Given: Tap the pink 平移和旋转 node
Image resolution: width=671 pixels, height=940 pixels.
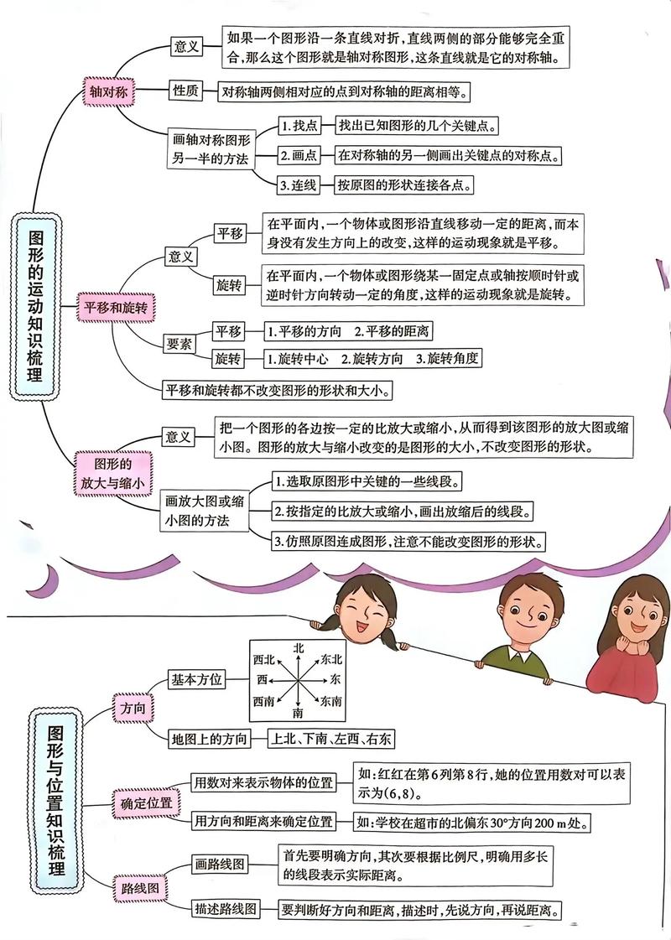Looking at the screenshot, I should (115, 308).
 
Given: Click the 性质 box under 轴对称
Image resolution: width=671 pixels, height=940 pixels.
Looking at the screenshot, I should (185, 91).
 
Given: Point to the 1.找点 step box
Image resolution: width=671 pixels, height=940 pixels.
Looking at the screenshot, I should (300, 126).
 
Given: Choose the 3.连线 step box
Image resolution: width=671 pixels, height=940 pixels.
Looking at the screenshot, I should (299, 184).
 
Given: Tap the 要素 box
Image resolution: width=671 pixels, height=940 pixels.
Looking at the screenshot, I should (179, 343).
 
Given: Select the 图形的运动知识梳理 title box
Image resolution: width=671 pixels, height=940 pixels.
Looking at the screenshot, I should (37, 305).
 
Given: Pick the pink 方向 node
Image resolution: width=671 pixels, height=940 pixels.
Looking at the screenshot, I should (133, 709).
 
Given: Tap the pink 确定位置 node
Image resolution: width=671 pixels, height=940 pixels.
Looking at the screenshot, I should (146, 802).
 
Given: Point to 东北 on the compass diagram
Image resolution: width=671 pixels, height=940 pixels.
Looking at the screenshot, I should (330, 660).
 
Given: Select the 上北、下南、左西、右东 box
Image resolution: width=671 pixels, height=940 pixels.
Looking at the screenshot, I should (330, 739).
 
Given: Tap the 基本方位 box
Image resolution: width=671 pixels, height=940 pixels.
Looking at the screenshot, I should (197, 678).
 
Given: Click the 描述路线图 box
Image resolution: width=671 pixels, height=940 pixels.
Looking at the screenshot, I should (225, 908).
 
